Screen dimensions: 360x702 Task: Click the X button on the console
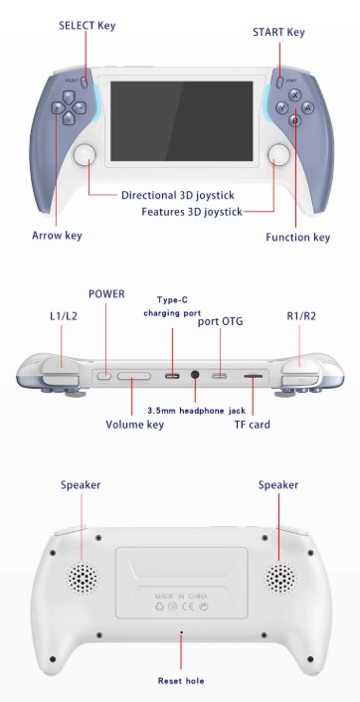point(294,94)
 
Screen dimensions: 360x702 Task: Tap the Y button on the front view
point(281,108)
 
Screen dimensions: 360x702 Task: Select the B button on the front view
point(294,120)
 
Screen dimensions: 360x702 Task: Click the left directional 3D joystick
point(86,155)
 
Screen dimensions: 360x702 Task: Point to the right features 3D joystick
point(278,155)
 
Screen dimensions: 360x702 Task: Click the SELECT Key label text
point(87,25)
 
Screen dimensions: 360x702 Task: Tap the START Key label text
point(278,32)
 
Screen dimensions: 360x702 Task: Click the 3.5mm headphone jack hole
point(195,374)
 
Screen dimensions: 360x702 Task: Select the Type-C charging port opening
point(172,375)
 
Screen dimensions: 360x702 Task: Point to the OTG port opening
point(220,375)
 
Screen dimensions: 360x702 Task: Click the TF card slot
point(253,377)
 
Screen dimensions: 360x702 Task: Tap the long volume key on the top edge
point(134,375)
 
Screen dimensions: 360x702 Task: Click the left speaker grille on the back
point(83,577)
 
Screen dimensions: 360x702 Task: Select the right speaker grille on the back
point(280,577)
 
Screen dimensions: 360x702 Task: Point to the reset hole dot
point(181,632)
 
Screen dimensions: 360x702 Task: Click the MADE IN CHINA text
point(181,597)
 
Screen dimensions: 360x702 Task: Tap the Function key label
point(297,238)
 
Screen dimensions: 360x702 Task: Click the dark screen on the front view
point(181,121)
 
